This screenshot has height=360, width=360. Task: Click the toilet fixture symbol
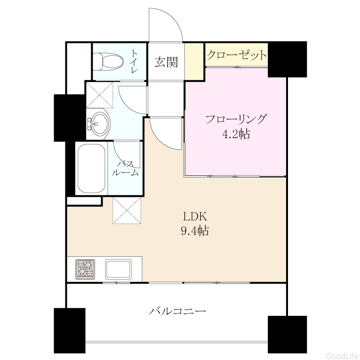(108, 62)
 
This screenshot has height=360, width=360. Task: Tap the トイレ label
(135, 61)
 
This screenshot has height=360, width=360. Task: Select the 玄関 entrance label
(166, 62)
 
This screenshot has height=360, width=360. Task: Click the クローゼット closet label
(237, 55)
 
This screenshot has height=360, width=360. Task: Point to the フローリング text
(237, 119)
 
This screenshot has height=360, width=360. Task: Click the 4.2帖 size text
(236, 134)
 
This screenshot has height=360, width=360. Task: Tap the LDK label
(195, 216)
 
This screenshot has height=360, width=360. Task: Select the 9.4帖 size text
(195, 230)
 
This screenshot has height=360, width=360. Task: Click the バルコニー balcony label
(178, 312)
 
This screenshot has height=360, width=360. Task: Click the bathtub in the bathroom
(92, 169)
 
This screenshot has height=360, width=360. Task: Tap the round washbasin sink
(100, 124)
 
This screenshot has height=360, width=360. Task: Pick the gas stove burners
(85, 270)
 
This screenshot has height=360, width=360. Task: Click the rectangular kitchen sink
(119, 269)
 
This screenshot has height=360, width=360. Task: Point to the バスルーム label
(125, 168)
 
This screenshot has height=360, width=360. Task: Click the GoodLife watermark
(342, 356)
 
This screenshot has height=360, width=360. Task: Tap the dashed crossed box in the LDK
(127, 210)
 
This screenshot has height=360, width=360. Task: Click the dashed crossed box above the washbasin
(100, 95)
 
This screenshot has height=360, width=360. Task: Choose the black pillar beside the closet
(287, 59)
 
